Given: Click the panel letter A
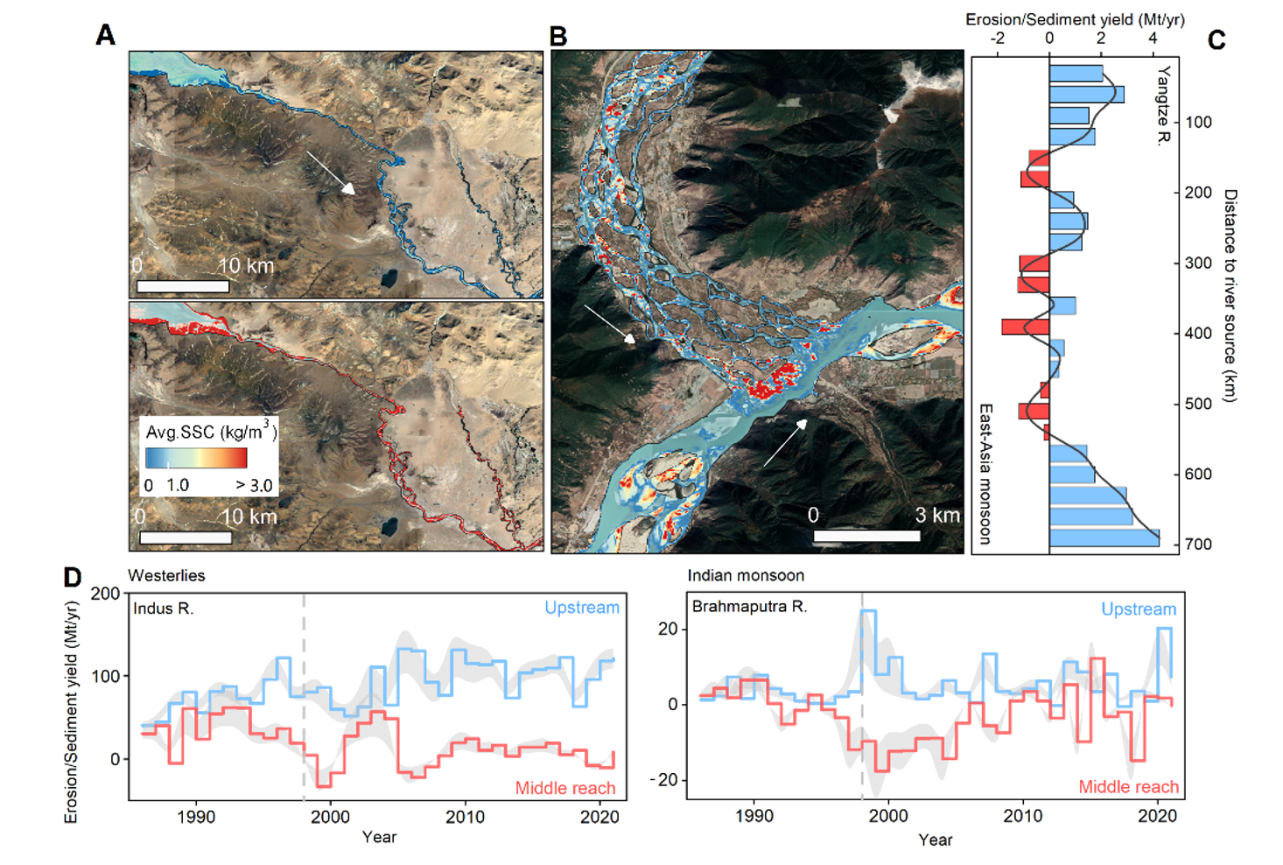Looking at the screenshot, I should tap(106, 35).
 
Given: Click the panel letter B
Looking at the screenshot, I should tap(558, 37).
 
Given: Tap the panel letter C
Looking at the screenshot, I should tap(1216, 40).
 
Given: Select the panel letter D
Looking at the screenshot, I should tap(73, 577).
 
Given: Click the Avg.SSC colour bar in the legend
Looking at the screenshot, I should tap(196, 458).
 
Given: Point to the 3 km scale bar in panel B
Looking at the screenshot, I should tap(866, 536).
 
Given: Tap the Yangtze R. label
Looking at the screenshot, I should tap(1163, 106).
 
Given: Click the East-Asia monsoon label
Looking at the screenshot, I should tap(985, 474).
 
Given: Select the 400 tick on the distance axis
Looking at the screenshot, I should tap(1198, 334).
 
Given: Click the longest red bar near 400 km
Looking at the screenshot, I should tap(1026, 327).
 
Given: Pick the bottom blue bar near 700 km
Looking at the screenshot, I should tap(1104, 538).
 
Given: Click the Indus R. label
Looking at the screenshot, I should tap(164, 608).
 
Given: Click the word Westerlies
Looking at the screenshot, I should tap(166, 575).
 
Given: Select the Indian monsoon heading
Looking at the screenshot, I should tap(746, 575).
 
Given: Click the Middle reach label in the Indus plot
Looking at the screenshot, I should tap(565, 788).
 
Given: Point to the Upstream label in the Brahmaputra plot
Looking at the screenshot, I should tap(1139, 609).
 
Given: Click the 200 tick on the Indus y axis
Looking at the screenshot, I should tap(105, 594).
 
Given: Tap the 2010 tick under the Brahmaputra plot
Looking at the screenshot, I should tap(1023, 816).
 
